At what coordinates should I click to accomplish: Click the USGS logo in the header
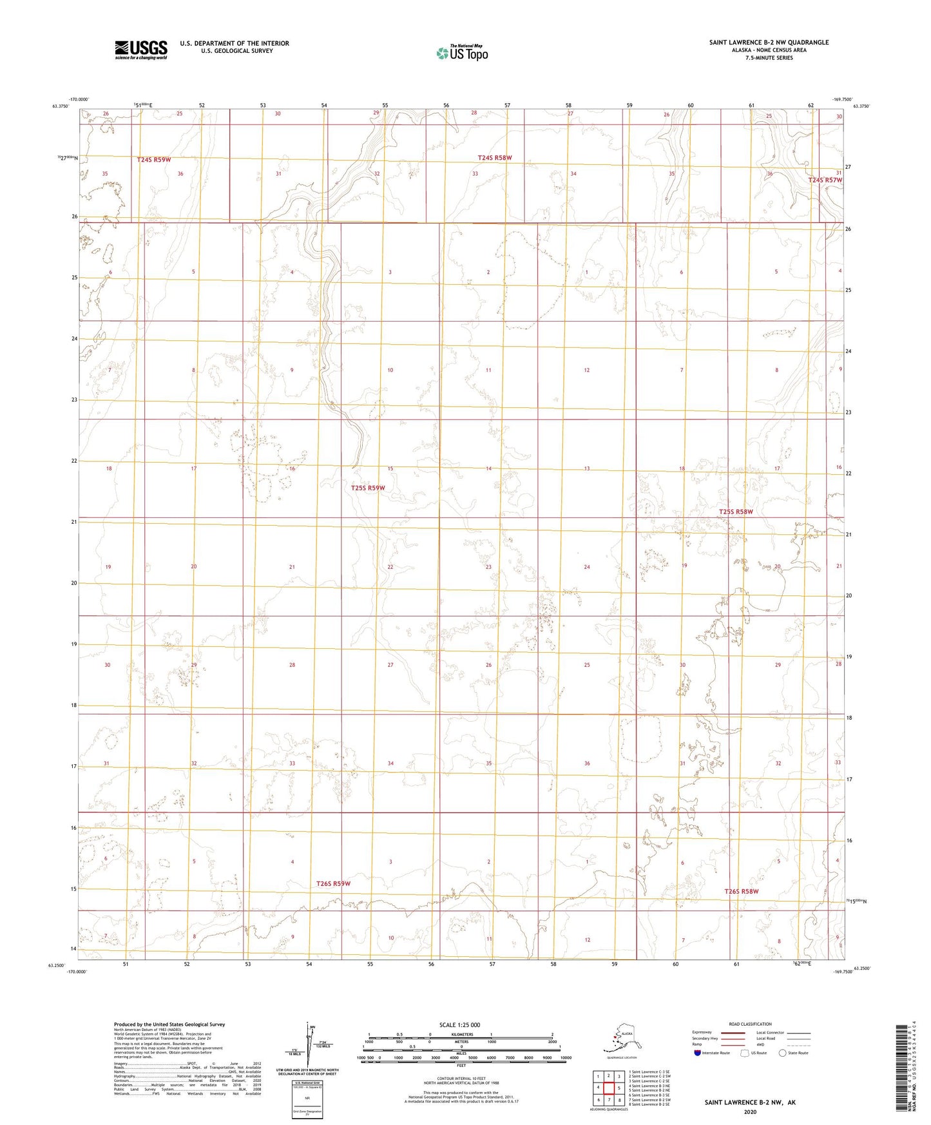pos(141,50)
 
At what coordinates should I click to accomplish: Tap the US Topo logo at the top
pos(462,53)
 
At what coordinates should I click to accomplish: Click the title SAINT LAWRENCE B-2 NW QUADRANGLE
pos(769,43)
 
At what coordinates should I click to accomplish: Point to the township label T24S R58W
pos(495,157)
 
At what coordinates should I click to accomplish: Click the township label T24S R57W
pos(825,180)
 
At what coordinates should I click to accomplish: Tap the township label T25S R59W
pos(368,488)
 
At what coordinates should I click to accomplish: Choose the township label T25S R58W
pos(736,512)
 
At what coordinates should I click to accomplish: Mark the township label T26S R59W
pos(333,883)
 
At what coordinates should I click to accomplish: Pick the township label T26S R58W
pos(742,891)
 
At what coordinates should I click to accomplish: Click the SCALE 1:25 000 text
pos(459,1024)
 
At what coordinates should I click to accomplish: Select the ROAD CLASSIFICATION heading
pos(750,1024)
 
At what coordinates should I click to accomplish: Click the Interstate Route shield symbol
pos(698,1053)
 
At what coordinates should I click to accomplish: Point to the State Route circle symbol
pos(783,1053)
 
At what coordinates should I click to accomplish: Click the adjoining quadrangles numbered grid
pos(608,1089)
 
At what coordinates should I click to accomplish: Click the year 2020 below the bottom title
pos(750,1111)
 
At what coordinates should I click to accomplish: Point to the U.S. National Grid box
pos(307,1099)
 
